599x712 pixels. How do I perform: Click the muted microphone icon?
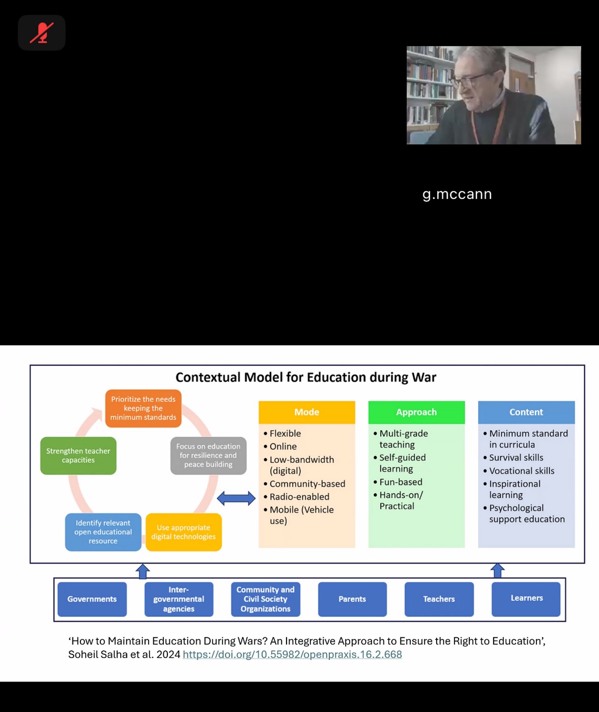tap(42, 33)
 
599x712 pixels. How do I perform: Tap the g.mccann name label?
tap(457, 194)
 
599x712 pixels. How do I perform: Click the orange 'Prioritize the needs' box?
tap(143, 408)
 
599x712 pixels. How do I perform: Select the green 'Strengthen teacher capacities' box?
tap(78, 456)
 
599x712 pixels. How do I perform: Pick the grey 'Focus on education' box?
tap(208, 456)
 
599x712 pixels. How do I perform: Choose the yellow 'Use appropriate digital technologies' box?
tap(183, 532)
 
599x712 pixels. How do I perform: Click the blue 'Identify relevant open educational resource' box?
tap(103, 532)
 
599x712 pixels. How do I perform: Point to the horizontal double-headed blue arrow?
tap(236, 498)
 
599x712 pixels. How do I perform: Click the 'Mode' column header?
tap(306, 412)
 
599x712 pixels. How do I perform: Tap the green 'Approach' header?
tap(416, 412)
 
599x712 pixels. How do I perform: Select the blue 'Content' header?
tap(526, 412)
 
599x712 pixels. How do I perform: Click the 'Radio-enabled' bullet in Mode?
tap(299, 497)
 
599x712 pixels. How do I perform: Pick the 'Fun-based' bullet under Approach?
tap(401, 482)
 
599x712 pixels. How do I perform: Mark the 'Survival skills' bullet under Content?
tap(516, 458)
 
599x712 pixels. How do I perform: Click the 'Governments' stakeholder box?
tap(92, 599)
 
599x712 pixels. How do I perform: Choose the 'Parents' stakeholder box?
tap(352, 599)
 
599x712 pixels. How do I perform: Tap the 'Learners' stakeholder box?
tap(526, 599)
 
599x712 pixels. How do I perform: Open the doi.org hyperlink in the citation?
tap(292, 655)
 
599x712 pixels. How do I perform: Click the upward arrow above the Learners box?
tap(498, 571)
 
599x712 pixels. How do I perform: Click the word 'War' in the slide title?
tap(424, 377)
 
